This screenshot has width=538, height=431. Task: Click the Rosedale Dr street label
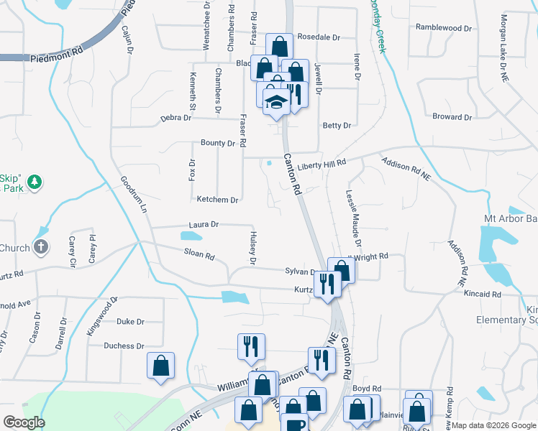tap(318, 37)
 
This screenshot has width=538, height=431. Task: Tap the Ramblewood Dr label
tap(444, 28)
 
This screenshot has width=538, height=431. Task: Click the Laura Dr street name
tap(204, 225)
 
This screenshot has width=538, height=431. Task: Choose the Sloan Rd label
tap(199, 255)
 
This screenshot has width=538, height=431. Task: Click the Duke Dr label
tap(130, 322)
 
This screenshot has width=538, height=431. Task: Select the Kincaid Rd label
tap(483, 295)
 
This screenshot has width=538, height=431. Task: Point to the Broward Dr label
tap(452, 116)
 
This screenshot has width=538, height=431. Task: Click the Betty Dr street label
tap(337, 126)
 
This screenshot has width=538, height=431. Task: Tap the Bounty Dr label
tap(218, 143)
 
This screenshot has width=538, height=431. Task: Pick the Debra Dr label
tap(175, 118)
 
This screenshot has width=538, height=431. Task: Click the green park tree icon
tap(34, 183)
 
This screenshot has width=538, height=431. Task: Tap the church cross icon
tap(42, 248)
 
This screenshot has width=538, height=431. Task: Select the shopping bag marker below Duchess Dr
tap(161, 365)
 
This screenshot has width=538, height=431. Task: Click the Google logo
tap(24, 422)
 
